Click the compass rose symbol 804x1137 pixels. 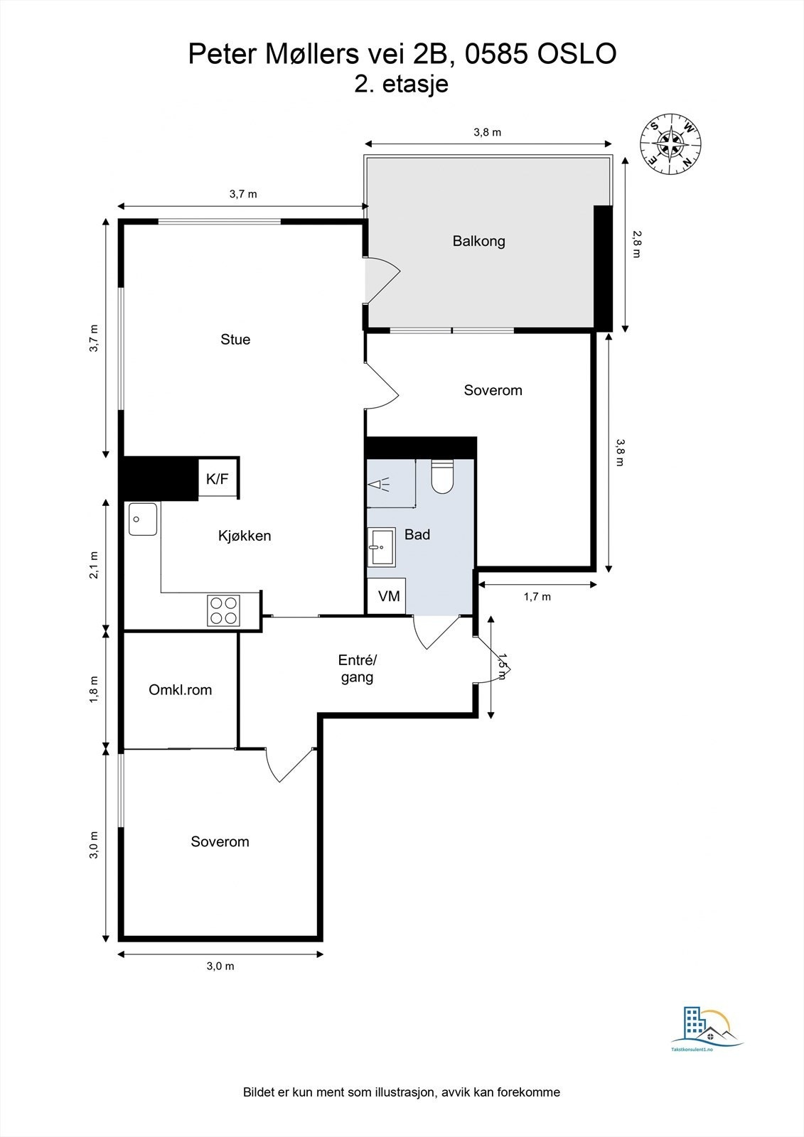click(x=670, y=144)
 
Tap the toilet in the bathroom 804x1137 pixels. click(x=442, y=476)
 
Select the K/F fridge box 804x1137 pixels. click(x=218, y=478)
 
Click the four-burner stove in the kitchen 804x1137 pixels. click(x=223, y=610)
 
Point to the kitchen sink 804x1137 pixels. click(x=143, y=519)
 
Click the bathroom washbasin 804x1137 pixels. click(x=382, y=547)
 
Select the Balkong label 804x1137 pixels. click(x=479, y=241)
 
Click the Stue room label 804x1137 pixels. click(x=235, y=339)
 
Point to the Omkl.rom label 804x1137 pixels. click(x=181, y=690)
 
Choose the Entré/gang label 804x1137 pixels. click(x=358, y=669)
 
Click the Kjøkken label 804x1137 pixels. click(x=245, y=536)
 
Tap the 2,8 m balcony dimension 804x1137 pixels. click(x=636, y=244)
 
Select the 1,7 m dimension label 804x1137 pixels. click(x=537, y=596)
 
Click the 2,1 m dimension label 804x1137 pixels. click(x=94, y=564)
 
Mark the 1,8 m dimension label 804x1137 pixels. click(x=94, y=689)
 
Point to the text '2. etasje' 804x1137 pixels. click(x=401, y=85)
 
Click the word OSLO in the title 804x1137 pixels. click(x=577, y=54)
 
